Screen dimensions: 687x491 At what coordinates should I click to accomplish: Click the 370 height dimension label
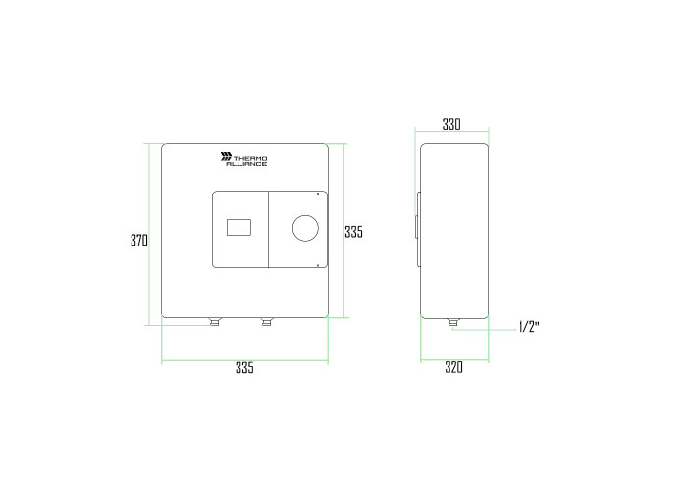[139, 241]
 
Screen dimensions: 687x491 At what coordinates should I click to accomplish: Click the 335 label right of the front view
[353, 232]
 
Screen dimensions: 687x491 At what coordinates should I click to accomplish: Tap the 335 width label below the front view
[244, 368]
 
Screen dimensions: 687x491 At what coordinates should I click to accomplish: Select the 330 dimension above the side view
[451, 124]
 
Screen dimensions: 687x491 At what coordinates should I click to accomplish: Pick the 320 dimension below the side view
[453, 367]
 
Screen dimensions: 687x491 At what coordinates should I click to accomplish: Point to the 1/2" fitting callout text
[529, 327]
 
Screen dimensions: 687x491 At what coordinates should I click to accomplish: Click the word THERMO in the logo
[250, 158]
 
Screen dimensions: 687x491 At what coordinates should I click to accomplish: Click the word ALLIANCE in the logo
[246, 164]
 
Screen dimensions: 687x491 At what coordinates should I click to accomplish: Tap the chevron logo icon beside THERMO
[226, 156]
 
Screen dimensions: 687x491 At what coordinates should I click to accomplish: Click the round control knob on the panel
[305, 228]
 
